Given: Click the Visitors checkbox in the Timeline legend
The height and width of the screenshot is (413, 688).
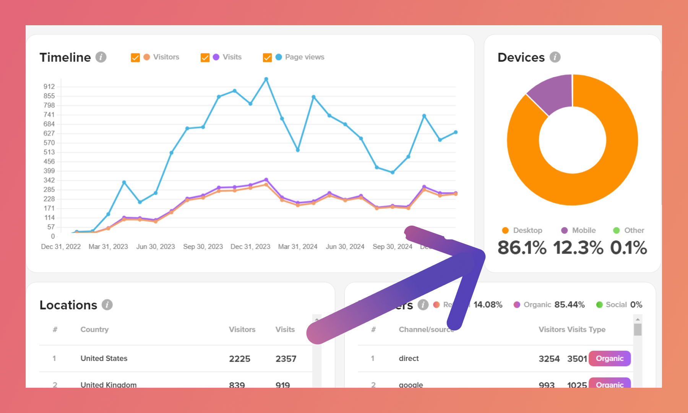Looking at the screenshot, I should [x=135, y=57].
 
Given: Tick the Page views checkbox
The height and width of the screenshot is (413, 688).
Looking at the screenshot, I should [x=267, y=57].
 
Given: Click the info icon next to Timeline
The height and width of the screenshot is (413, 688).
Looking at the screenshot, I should [x=101, y=57].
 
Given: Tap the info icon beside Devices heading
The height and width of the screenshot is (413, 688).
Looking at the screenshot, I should [x=555, y=57].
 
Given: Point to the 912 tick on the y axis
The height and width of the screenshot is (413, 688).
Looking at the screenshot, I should [x=49, y=86].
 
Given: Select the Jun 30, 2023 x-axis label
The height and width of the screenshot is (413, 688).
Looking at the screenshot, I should [x=156, y=247].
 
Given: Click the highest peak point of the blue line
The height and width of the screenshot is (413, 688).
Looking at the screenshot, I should [x=266, y=79].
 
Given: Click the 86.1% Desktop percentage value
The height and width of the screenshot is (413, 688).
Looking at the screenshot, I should [x=522, y=247].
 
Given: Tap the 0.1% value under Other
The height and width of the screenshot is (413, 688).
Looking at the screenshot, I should [x=628, y=247].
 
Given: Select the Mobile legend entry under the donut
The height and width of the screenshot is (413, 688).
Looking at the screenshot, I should [x=579, y=230].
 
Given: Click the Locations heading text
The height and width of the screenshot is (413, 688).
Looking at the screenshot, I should [x=68, y=305].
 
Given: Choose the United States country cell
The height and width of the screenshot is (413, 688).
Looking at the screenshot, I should [x=104, y=358].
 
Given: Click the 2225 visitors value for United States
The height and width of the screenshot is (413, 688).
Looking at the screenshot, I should [x=240, y=359].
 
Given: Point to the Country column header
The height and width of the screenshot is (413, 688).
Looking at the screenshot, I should [x=94, y=329].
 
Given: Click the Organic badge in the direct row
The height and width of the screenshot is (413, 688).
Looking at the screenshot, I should [x=610, y=358].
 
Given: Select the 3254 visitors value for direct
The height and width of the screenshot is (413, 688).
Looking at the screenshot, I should [x=549, y=359].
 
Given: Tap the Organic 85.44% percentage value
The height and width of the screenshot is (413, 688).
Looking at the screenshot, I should [x=570, y=304].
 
